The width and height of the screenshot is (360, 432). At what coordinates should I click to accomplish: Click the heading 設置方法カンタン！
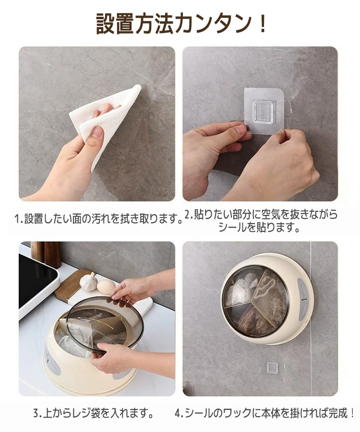(180, 24)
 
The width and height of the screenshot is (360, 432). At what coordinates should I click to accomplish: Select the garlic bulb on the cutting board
(89, 281)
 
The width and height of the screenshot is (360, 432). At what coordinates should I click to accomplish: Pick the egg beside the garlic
(106, 286)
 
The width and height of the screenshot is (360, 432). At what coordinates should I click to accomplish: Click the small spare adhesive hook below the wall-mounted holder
(271, 368)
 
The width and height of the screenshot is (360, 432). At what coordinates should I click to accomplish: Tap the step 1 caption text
(99, 219)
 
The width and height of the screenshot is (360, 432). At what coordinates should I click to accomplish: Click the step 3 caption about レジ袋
(94, 413)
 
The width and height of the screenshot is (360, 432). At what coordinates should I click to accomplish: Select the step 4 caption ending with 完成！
(264, 413)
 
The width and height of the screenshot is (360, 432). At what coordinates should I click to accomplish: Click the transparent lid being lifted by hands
(106, 324)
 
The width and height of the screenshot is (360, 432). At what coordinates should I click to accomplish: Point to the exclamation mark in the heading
(262, 24)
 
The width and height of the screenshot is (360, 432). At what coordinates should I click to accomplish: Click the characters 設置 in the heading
(116, 24)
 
